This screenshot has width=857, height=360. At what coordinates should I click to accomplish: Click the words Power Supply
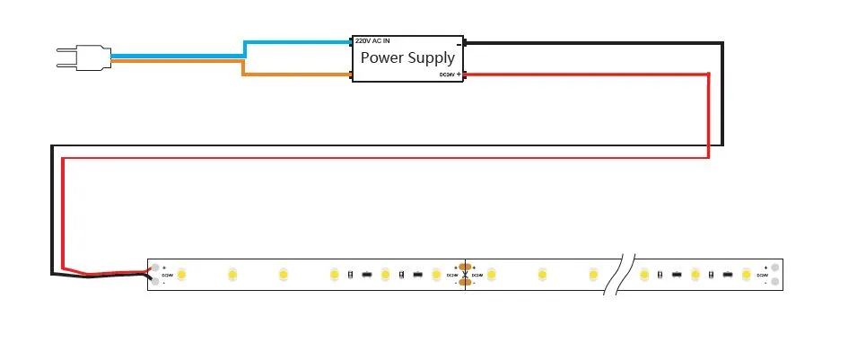point(407,57)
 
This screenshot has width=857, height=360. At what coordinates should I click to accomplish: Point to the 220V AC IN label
point(372,40)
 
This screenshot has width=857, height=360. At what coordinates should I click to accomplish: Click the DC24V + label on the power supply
point(450,75)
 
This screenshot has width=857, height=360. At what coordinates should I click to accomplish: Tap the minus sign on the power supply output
point(459,43)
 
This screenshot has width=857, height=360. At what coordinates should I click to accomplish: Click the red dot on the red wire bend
point(709,74)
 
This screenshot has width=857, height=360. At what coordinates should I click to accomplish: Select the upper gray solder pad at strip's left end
point(158,267)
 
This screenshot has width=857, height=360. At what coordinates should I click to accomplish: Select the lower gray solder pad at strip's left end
point(158,282)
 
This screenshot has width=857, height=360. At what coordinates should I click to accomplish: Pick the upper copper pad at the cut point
point(464,266)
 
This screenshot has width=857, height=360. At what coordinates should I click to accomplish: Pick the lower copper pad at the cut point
point(464,283)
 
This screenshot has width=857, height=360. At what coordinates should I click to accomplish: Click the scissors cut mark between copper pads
point(464,274)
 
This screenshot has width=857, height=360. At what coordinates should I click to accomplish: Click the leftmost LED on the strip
point(180,273)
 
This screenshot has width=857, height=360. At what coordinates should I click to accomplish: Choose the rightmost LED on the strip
point(746,273)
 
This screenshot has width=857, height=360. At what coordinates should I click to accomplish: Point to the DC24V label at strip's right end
point(762,275)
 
